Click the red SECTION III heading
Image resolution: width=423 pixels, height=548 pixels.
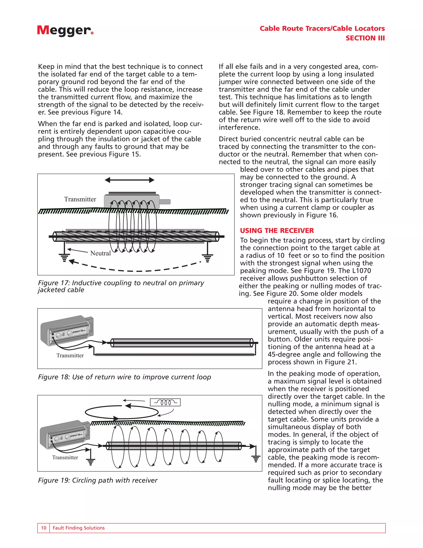click(x=365, y=38)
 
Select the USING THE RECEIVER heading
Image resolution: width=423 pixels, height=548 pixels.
click(x=277, y=231)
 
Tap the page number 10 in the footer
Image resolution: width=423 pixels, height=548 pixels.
click(x=44, y=528)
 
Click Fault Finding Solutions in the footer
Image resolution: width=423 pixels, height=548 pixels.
click(x=78, y=528)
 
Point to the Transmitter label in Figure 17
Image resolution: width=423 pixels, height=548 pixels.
click(x=80, y=199)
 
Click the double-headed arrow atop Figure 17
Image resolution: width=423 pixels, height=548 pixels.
click(x=129, y=180)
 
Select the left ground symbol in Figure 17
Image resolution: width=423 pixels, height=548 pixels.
click(x=64, y=257)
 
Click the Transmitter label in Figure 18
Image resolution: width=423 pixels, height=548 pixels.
click(x=70, y=355)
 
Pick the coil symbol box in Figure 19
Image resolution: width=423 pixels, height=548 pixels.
click(x=165, y=402)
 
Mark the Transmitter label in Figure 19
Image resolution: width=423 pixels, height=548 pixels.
click(x=65, y=457)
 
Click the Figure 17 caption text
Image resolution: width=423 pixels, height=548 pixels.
click(x=121, y=286)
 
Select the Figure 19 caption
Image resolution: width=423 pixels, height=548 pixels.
click(x=97, y=480)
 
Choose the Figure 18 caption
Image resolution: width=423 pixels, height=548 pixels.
click(x=124, y=377)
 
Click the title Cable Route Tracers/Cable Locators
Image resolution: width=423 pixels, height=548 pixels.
click(x=322, y=28)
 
